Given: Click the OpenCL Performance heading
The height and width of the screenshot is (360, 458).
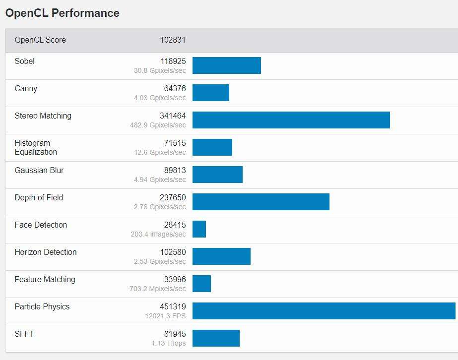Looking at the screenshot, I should point(62,13).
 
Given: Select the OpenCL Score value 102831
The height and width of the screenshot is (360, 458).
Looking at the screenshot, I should point(173,40).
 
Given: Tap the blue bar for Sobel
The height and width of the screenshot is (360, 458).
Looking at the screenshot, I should point(226,65).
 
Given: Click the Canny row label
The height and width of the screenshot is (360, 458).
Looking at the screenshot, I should point(26,89).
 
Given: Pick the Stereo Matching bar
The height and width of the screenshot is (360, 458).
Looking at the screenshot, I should point(291,120).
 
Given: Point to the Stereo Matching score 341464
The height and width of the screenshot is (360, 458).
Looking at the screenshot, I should point(173,116).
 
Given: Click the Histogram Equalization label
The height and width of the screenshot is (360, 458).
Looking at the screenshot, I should point(36,148).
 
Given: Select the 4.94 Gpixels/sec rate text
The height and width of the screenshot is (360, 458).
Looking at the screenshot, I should point(160,180).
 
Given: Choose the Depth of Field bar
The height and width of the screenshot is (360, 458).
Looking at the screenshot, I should point(261,202).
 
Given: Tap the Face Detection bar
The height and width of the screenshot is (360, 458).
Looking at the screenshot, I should point(199,229).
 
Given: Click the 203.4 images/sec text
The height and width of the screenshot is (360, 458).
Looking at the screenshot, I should point(158,234).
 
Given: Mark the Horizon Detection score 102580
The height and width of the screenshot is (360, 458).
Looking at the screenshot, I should point(173,252).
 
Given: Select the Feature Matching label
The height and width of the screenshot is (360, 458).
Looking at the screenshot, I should point(45,280).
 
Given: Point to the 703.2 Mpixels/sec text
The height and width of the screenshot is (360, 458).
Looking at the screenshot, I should point(158,289).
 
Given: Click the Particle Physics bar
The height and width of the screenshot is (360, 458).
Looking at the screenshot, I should point(324,311).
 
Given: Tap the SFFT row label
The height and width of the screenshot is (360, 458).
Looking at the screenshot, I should point(24,334).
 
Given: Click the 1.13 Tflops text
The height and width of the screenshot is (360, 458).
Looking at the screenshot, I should point(169,343).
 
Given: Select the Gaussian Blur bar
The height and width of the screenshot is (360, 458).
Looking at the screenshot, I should point(217,175).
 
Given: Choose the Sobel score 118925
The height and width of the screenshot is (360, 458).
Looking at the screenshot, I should point(173,61).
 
